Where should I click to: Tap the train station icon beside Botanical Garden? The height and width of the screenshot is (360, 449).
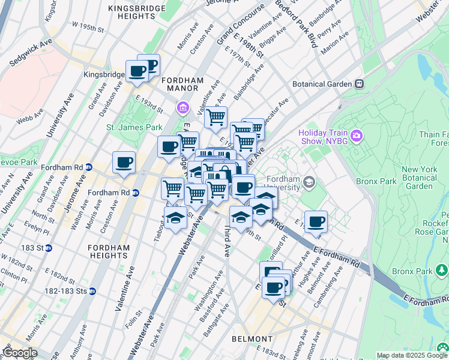point(359,84)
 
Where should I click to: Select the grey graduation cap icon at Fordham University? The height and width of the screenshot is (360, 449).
point(309,181)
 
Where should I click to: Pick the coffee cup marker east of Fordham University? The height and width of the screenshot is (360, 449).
point(316,221)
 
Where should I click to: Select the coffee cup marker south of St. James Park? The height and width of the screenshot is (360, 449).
point(124,162)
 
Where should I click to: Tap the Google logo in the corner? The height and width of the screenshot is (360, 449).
point(20,353)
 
